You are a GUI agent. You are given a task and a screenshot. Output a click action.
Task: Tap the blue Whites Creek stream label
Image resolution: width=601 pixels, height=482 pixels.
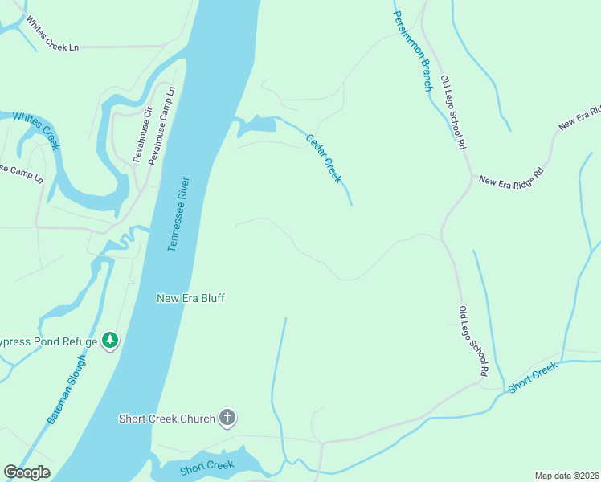[x=36, y=129]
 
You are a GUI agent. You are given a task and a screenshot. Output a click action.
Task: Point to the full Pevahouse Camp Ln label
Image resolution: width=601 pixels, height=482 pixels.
[x=161, y=127]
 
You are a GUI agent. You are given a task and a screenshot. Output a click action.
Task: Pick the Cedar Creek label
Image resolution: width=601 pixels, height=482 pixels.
[x=323, y=157]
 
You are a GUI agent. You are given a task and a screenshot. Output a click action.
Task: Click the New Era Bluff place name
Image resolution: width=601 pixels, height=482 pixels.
[x=190, y=298]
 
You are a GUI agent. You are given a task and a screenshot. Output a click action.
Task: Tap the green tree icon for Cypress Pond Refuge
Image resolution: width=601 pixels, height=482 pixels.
[x=110, y=341]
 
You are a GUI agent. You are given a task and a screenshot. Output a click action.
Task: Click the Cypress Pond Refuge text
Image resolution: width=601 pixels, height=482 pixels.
[x=48, y=341]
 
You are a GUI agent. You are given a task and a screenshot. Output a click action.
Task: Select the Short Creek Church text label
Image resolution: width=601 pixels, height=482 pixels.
[x=166, y=419]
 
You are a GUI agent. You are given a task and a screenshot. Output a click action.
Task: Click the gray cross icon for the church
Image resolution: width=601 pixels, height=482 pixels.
[x=228, y=418]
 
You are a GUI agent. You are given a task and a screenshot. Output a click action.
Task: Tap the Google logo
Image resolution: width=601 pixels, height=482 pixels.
[x=27, y=472]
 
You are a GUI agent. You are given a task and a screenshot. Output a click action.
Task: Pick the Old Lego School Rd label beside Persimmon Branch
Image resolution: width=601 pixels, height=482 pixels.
[x=452, y=113]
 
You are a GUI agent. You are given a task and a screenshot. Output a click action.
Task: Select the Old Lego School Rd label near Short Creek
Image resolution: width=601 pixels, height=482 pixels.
[x=473, y=341]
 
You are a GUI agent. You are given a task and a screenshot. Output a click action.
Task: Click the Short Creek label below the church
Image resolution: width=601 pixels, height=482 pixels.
[x=206, y=466]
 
